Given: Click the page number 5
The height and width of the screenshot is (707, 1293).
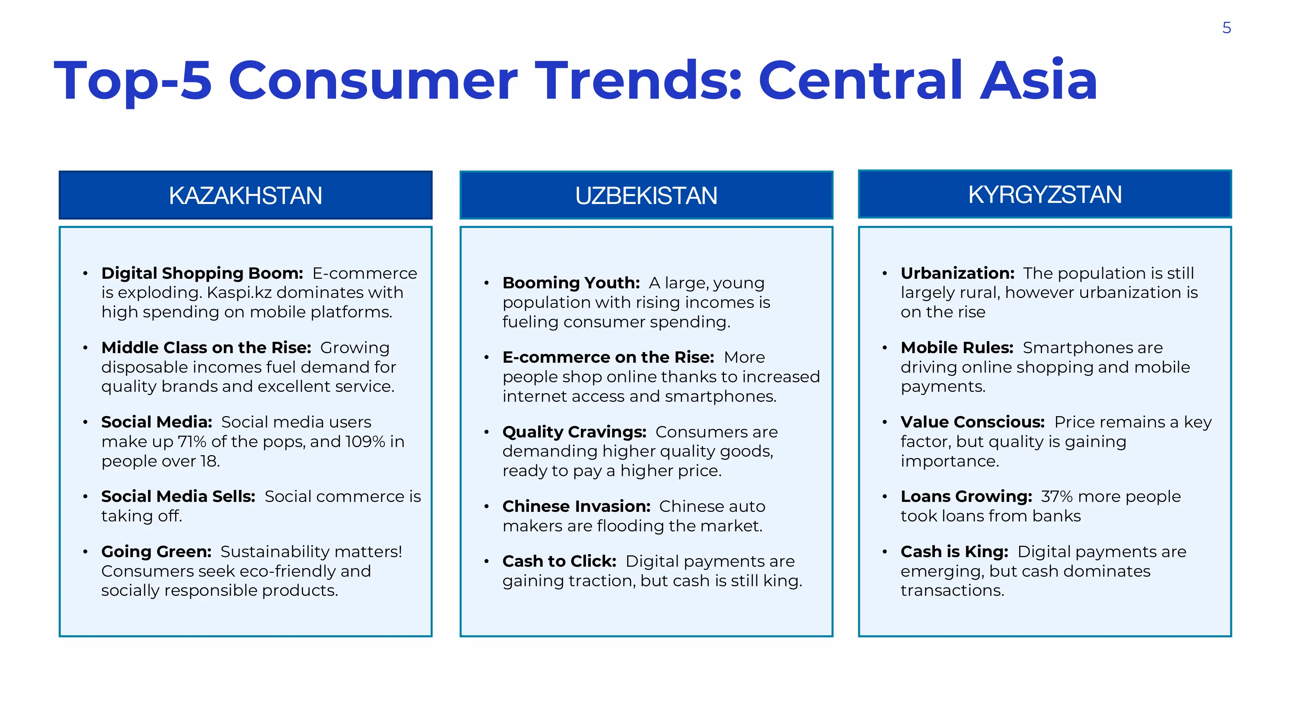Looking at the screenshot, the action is click(1226, 28).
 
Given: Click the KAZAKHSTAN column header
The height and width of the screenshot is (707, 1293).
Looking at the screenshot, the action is click(245, 195).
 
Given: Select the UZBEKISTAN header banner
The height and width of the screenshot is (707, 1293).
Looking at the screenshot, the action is click(646, 195).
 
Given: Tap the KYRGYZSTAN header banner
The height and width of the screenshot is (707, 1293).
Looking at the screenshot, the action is click(1045, 194).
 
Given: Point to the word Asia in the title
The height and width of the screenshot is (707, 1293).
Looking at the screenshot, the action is click(1039, 80).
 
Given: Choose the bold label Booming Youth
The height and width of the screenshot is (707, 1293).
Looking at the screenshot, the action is click(571, 283).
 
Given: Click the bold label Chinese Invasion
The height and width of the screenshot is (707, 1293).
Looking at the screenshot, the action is click(577, 506).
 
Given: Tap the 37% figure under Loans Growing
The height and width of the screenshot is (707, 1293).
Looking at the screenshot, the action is click(1057, 496).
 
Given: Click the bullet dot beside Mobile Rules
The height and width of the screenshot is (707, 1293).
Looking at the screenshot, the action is click(884, 348).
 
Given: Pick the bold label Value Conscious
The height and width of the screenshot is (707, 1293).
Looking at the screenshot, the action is click(973, 422).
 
